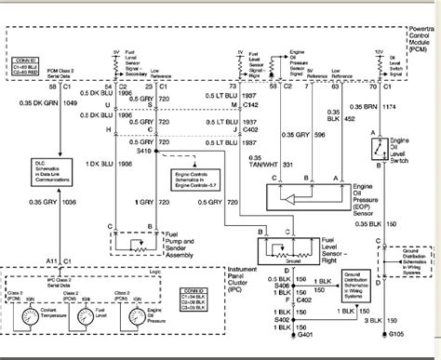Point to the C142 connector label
(x=275, y=106)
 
